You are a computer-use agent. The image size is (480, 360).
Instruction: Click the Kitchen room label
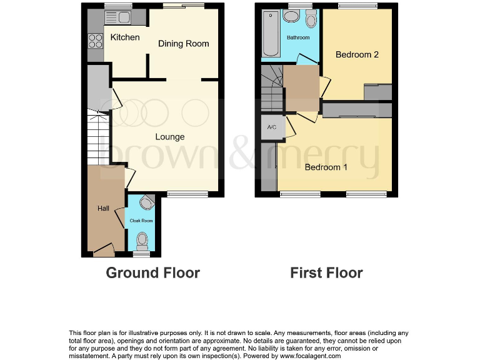125,37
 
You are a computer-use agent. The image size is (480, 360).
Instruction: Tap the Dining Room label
183,44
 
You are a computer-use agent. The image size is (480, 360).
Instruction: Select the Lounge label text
170,137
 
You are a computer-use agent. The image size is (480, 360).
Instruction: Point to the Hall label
103,208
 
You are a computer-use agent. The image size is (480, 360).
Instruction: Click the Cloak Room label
141,221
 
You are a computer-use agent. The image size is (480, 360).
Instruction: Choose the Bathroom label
298,38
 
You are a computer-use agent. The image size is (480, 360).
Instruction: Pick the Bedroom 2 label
357,55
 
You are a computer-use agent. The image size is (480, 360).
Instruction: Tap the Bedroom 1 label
326,167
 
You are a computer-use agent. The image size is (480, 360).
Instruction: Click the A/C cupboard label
272,127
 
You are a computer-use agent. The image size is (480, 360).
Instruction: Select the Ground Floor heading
152,273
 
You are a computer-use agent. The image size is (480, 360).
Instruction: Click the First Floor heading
326,273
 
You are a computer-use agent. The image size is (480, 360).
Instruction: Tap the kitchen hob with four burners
96,41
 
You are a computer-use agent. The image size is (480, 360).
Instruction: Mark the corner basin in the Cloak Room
147,202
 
